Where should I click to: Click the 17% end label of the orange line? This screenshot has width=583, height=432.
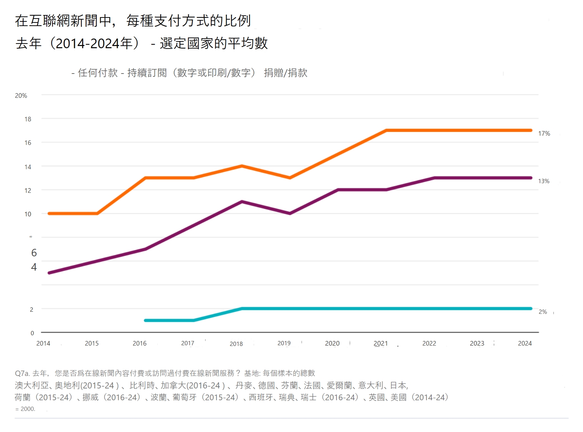544,134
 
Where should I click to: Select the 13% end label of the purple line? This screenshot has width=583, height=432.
544,181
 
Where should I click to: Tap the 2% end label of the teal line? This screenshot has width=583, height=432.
543,312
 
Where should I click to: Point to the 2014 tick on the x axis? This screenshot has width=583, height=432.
43,343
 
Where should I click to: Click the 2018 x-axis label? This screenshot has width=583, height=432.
236,344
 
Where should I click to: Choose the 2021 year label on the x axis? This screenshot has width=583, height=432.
380,343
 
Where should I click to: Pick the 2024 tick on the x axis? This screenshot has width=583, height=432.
525,343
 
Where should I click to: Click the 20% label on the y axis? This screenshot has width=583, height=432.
21,96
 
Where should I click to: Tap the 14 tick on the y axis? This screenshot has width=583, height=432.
28,167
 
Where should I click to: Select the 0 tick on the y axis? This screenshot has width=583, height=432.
32,333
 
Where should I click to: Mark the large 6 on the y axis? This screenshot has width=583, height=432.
34,253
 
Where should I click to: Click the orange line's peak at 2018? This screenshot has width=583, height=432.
242,166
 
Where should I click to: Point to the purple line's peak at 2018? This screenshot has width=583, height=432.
242,202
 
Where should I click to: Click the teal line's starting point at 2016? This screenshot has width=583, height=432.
146,320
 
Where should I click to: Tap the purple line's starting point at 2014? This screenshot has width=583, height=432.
49,273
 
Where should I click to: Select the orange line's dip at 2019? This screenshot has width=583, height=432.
290,178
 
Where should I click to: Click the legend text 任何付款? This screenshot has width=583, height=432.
98,73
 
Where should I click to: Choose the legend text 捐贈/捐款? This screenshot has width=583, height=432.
285,73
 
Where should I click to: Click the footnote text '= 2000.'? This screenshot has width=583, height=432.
25,409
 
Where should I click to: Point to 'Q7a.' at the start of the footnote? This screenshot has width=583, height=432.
22,373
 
